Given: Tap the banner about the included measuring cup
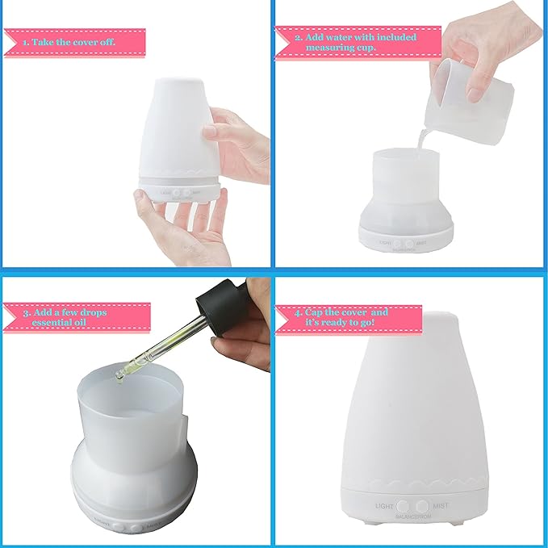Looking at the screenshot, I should point(358,42).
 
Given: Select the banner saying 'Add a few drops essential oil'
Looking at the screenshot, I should point(77,316).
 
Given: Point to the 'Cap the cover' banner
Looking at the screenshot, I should point(349,317).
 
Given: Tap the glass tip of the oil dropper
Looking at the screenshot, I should point(121,370).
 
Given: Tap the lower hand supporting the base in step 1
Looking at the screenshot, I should point(174,234).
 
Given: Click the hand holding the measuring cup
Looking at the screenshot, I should point(484,48).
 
